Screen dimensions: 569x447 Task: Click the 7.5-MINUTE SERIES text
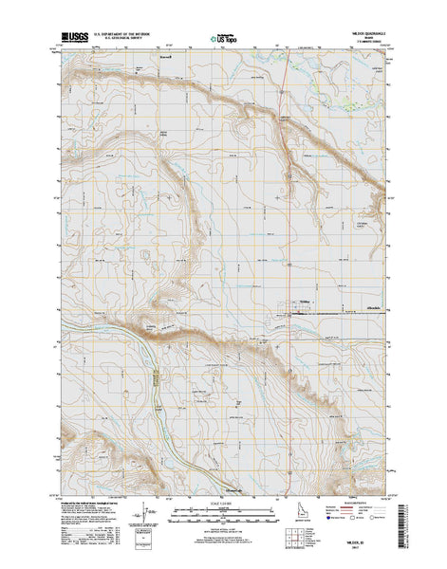click(x=366, y=42)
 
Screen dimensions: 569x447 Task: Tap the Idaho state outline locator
click(x=296, y=526)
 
